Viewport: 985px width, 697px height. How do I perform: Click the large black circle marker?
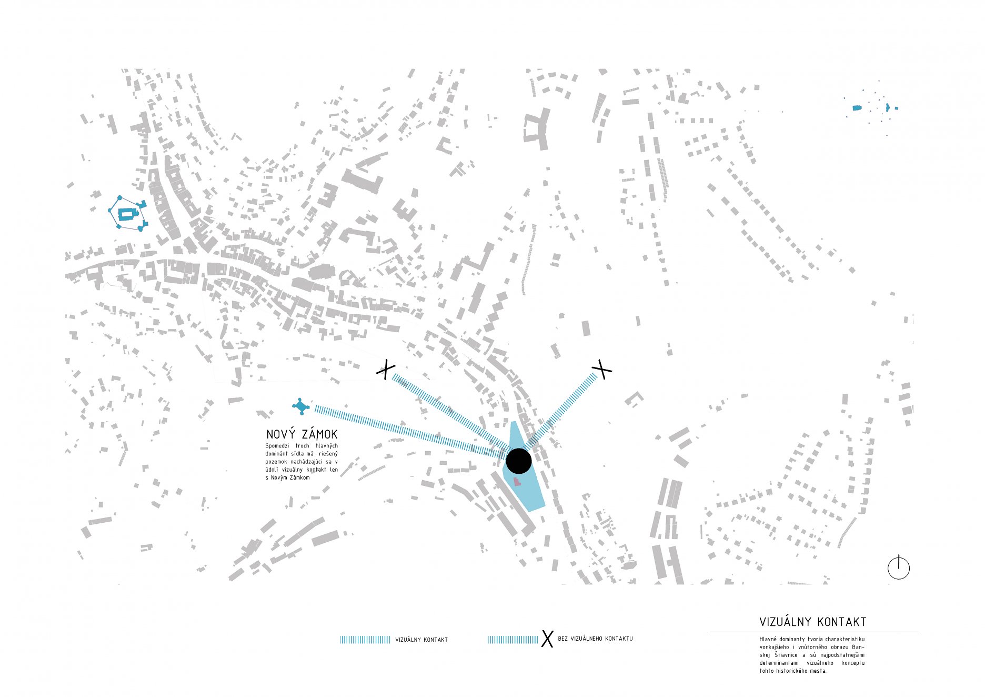tap(518, 461)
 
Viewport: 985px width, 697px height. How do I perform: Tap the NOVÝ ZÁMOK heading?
tap(301, 434)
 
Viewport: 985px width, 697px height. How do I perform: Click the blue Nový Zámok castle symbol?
tap(300, 406)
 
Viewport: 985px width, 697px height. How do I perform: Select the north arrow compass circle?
tap(898, 568)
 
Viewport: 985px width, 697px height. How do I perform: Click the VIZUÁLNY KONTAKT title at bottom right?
tap(812, 622)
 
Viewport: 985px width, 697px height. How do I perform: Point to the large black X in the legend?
tap(547, 639)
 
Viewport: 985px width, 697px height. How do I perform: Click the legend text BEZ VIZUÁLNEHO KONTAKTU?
tap(595, 639)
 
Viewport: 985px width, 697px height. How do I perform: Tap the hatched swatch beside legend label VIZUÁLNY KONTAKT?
tap(365, 640)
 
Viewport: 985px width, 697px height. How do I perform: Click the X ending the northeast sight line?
tap(601, 369)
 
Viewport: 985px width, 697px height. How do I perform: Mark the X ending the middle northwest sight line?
tap(386, 370)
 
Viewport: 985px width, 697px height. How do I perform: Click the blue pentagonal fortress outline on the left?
tap(127, 213)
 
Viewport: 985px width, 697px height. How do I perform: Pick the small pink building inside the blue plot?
tap(517, 482)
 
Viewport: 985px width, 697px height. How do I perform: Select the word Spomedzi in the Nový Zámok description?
tap(276, 446)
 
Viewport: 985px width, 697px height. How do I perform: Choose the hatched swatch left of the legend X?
tap(512, 640)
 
